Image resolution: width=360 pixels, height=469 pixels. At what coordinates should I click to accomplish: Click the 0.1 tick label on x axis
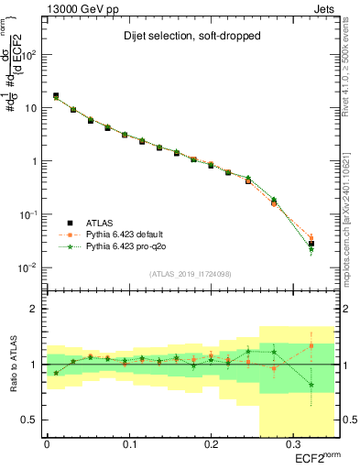click(128, 444)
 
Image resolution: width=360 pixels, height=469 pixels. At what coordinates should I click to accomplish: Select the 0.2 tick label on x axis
click(210, 444)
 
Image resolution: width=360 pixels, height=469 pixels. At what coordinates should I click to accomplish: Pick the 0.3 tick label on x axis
click(291, 444)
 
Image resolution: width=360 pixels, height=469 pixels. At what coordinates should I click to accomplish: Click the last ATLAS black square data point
click(311, 244)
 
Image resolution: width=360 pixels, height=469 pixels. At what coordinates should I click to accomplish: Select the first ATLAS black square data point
click(56, 95)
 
